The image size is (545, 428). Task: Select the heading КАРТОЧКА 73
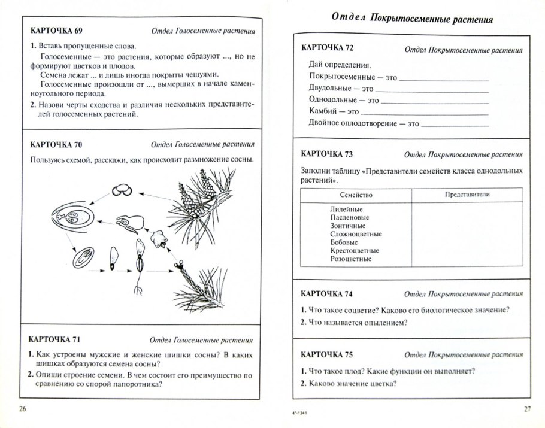327,154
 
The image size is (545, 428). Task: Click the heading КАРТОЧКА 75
327,354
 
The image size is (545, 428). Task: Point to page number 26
23,409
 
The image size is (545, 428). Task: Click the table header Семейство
356,195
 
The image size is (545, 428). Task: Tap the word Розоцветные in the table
350,259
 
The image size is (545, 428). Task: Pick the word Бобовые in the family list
343,242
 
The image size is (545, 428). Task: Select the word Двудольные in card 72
329,88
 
